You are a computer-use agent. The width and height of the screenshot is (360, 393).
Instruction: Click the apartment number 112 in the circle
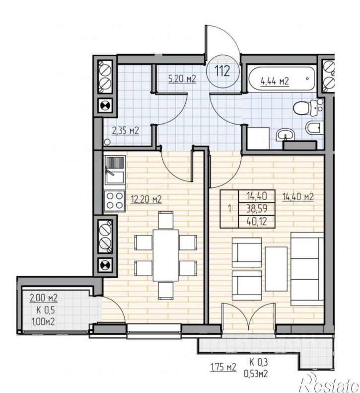click(222, 71)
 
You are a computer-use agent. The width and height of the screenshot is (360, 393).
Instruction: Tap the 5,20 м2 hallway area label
click(182, 79)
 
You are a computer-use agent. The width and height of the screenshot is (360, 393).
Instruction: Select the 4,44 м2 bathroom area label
click(275, 81)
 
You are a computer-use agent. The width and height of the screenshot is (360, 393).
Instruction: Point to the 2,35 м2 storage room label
click(125, 131)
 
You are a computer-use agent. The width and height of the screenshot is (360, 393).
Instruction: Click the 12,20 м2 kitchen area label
click(146, 199)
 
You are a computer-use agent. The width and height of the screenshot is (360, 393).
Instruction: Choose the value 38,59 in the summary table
click(257, 208)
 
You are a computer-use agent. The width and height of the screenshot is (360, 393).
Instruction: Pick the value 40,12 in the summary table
click(257, 221)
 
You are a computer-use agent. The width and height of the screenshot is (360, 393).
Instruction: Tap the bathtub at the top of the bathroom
click(282, 79)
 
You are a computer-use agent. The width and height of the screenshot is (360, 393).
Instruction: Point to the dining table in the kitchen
click(165, 255)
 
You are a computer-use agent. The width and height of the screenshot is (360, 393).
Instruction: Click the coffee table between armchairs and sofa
click(276, 268)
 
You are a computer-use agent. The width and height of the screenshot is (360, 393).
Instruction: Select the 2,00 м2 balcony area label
click(44, 298)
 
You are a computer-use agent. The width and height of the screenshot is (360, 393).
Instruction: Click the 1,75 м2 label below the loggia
click(223, 367)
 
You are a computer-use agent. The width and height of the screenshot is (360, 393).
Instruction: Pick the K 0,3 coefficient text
click(259, 362)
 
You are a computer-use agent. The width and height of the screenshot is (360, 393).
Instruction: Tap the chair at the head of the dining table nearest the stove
click(165, 220)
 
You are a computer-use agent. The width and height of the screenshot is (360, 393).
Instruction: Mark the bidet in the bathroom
click(314, 127)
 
